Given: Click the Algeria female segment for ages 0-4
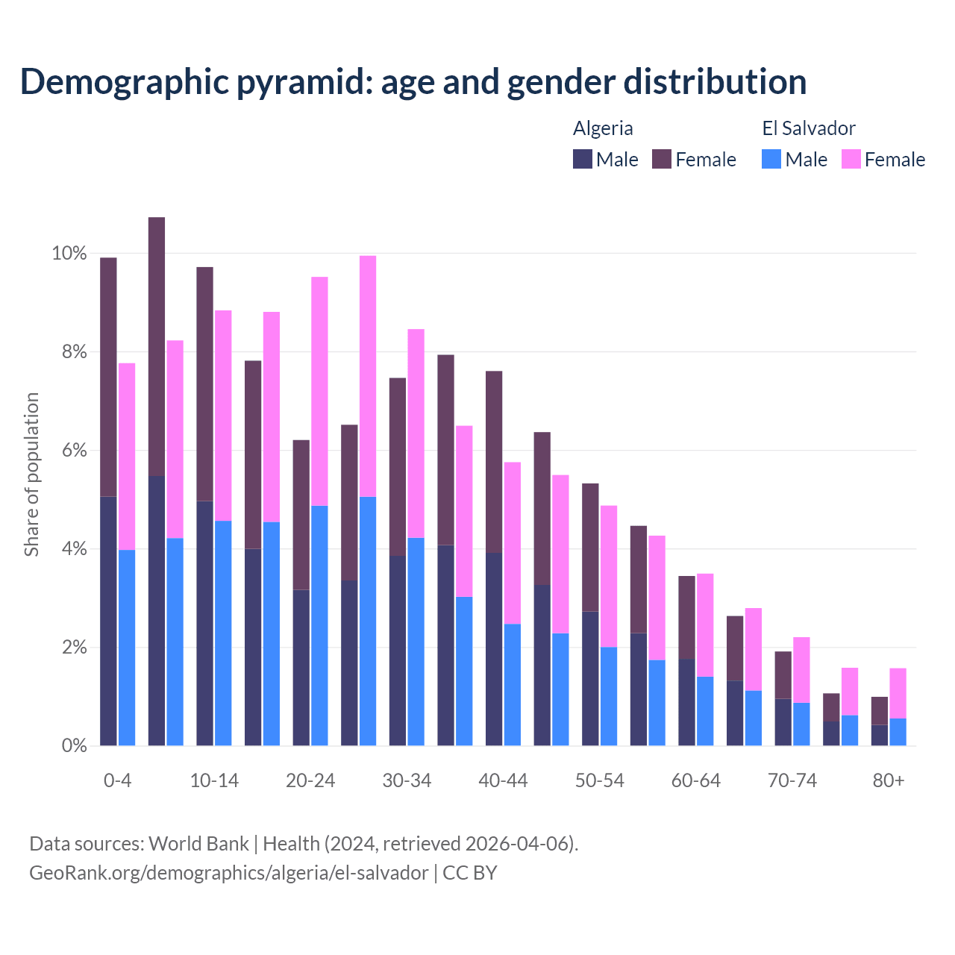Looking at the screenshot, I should click(108, 377).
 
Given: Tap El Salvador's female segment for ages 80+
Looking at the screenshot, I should click(898, 693).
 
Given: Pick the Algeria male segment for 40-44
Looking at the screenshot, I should click(493, 649).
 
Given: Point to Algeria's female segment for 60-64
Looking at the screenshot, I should click(686, 618).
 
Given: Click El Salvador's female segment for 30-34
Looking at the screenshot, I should click(416, 433).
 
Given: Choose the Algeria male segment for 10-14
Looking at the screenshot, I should click(204, 623).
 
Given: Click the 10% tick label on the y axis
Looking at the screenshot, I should click(69, 254).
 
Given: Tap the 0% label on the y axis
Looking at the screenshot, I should click(74, 745).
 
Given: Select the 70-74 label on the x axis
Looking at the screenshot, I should click(792, 781).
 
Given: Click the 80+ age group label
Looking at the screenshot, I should click(889, 781).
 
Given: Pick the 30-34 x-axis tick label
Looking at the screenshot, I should click(407, 781).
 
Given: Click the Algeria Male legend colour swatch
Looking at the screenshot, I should click(583, 159).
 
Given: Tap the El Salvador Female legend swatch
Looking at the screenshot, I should click(851, 159).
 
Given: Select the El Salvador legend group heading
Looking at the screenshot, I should click(809, 128).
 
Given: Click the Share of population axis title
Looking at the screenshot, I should click(31, 475).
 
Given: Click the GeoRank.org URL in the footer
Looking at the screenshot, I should click(229, 873).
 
